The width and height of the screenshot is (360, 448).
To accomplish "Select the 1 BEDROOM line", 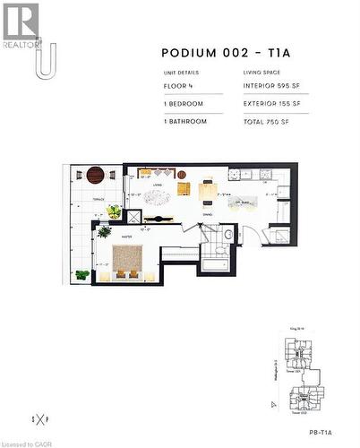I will (184, 103).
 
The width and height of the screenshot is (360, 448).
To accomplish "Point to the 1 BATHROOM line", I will (185, 119).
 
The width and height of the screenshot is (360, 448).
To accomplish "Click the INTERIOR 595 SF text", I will (271, 87).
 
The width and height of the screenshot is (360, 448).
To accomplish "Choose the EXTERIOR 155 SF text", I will (272, 103).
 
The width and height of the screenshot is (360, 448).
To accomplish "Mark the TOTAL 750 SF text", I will (267, 119).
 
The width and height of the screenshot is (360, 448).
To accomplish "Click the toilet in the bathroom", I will (228, 236).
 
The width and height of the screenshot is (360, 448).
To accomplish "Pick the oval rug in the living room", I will (158, 197).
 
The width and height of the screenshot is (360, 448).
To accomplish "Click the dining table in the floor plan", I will (208, 189).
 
